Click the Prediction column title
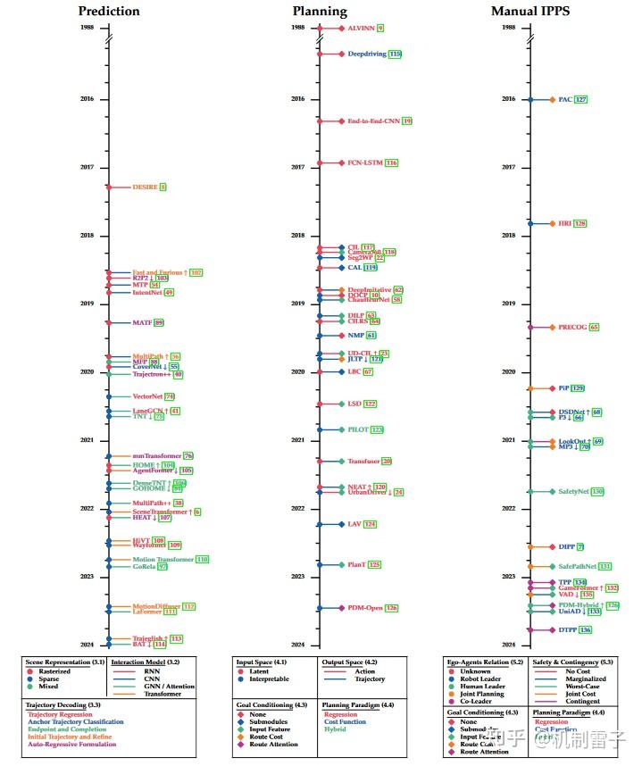[109, 11]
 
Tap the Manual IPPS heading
[530, 11]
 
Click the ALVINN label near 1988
[361, 29]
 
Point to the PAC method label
[564, 99]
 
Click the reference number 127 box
[581, 99]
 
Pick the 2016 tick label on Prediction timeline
[87, 99]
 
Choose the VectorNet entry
[147, 396]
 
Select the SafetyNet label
[573, 491]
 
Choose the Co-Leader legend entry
[476, 701]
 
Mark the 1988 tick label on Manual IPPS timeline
[508, 28]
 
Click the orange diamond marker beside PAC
[552, 99]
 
